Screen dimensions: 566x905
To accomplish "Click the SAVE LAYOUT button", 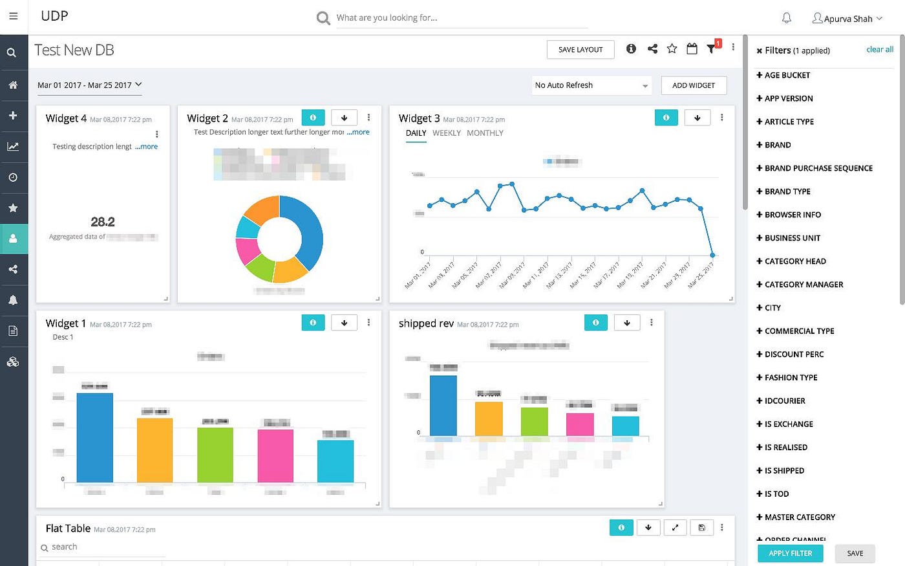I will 580,50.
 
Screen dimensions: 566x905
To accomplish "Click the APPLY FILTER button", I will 790,553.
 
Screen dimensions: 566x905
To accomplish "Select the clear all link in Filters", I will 879,49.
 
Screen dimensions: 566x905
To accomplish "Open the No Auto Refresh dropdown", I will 591,85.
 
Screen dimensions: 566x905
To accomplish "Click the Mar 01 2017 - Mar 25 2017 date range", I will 89,85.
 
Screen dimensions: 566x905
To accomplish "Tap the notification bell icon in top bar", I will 787,18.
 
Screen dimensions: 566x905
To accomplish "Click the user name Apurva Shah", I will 847,19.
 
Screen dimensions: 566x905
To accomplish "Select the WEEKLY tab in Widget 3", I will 446,133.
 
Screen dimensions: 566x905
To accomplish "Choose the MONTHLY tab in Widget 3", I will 485,133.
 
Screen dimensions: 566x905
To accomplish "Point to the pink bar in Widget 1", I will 275,455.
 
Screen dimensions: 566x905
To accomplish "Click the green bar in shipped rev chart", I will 534,422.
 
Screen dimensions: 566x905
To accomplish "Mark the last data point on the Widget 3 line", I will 712,255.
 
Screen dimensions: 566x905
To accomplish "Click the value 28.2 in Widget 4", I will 103,222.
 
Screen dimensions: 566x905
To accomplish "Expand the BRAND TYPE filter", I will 787,191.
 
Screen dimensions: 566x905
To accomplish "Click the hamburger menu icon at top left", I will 14,17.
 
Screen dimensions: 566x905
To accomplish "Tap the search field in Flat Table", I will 103,547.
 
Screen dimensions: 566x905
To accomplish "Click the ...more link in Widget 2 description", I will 358,132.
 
